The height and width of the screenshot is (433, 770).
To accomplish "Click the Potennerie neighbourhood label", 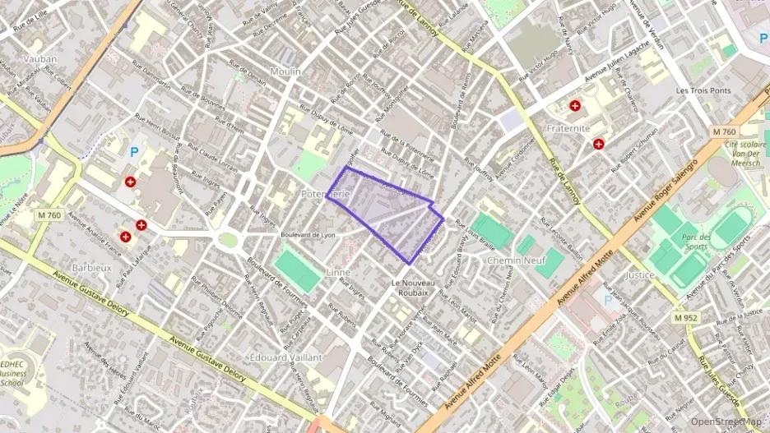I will pyautogui.click(x=327, y=194).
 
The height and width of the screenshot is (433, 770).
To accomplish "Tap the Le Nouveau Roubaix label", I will pyautogui.click(x=410, y=288).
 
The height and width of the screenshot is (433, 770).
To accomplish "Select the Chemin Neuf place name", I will pyautogui.click(x=516, y=260).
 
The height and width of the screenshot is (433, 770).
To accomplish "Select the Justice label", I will pyautogui.click(x=639, y=275).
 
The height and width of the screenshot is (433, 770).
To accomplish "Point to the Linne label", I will pyautogui.click(x=338, y=272).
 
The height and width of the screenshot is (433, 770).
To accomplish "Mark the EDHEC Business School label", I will pyautogui.click(x=13, y=372).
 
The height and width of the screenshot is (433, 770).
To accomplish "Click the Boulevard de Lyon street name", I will pyautogui.click(x=309, y=234).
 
